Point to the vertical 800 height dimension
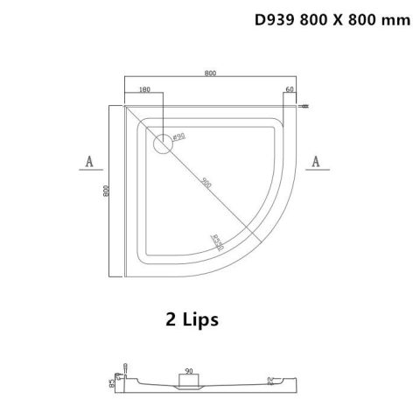click(x=105, y=192)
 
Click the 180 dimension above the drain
click(x=144, y=89)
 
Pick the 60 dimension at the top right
click(x=290, y=89)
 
